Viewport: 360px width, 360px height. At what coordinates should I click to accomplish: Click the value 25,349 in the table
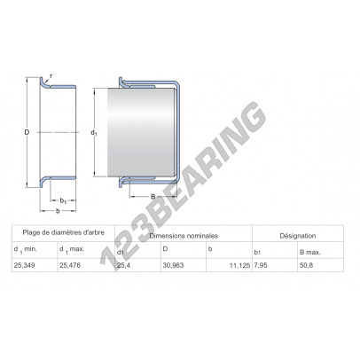point(24,265)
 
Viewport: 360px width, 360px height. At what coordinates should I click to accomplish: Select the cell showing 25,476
point(70,265)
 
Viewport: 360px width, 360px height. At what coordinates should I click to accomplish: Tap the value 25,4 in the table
point(123,265)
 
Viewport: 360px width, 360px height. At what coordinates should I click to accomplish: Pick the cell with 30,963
point(173,265)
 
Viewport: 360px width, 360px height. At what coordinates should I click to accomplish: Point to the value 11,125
point(239,265)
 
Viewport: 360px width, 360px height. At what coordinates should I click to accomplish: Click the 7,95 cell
point(261,265)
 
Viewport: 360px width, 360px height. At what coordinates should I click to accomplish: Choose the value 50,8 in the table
point(306,265)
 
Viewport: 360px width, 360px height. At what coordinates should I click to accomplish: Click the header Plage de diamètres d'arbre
point(64,232)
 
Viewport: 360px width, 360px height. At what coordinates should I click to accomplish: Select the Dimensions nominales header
point(184,236)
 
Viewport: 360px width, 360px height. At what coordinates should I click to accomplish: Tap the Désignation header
point(298,236)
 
